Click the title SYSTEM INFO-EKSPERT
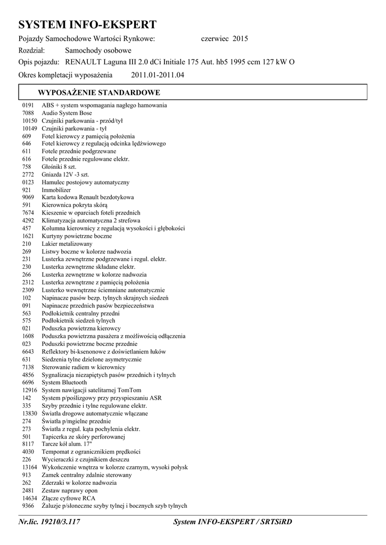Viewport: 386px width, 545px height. point(87,24)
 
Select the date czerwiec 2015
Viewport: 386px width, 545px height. point(224,39)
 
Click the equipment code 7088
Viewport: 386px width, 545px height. point(28,113)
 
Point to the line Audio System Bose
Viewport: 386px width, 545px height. point(67,113)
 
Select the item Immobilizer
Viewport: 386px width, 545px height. point(56,190)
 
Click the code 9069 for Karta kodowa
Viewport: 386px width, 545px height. point(28,197)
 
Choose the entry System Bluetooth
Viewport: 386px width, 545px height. point(64,383)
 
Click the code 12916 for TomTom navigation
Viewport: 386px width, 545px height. point(30,390)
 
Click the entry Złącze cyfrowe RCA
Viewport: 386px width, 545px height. point(69,498)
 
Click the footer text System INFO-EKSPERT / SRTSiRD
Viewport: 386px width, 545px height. point(233,523)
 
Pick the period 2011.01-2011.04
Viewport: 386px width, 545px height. point(157,75)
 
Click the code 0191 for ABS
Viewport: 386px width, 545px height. point(28,105)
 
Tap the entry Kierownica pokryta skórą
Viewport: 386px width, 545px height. point(75,205)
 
